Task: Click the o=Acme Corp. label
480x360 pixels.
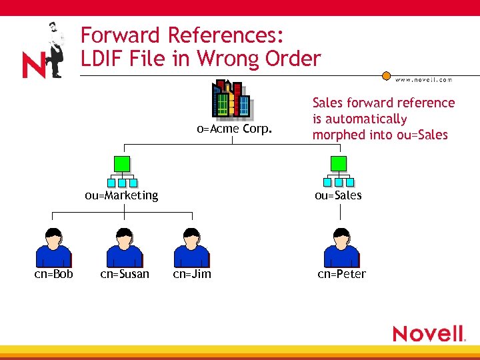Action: pos(234,128)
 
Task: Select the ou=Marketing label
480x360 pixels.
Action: pos(121,195)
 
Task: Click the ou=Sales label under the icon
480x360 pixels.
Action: pos(339,195)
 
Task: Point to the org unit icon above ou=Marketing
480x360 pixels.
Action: pos(122,171)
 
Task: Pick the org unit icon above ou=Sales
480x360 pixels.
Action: pos(339,171)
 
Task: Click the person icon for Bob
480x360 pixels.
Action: pos(53,247)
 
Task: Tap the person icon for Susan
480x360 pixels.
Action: pos(125,247)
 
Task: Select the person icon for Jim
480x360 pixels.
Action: pos(191,247)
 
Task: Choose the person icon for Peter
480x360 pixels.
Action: pos(341,247)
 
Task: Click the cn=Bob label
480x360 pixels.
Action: pos(53,274)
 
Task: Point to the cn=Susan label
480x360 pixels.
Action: pos(125,274)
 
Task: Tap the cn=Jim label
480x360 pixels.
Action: pos(192,274)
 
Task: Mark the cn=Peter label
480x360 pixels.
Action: pos(342,274)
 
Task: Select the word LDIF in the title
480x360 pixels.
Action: pos(105,59)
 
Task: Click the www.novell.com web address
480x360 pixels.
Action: pos(424,79)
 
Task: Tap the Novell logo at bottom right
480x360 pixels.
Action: pos(428,333)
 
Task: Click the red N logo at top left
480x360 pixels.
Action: pos(33,65)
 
